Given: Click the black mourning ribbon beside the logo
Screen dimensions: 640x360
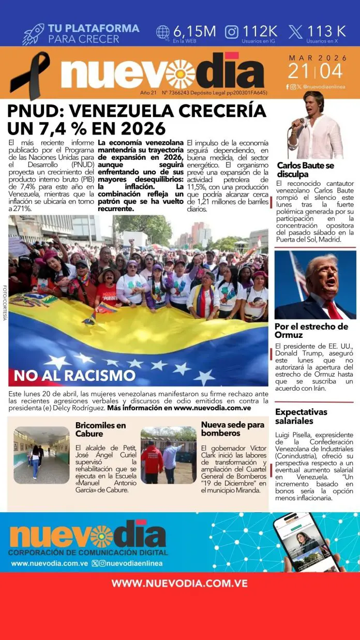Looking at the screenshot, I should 30,75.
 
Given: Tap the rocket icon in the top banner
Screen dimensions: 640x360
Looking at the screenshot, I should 34,34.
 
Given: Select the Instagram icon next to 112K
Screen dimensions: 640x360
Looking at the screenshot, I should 232,32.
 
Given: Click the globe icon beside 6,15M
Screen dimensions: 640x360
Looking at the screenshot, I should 163,32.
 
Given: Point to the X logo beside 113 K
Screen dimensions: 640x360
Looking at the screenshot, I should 295,32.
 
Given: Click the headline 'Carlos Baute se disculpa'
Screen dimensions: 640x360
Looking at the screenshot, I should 306,170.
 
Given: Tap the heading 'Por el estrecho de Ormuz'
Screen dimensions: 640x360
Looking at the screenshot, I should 311,331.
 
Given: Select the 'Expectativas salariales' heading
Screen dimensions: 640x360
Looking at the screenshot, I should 301,416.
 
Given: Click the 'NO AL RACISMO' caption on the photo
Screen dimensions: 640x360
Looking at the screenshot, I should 74,375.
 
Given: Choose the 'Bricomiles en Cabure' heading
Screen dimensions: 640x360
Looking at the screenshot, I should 100,429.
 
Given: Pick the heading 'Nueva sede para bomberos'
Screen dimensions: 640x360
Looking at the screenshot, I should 233,429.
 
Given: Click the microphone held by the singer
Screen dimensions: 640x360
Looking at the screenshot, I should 298,123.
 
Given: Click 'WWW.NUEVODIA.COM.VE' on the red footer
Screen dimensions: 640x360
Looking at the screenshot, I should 179,584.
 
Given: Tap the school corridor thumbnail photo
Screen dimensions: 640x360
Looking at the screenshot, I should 41,455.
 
